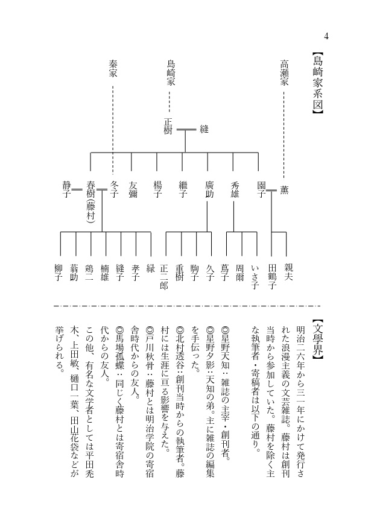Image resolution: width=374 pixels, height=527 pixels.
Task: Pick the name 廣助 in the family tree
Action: click(x=209, y=189)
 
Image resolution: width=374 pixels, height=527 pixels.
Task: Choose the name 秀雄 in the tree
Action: click(x=235, y=189)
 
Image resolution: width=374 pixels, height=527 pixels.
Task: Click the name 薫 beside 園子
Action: click(x=284, y=189)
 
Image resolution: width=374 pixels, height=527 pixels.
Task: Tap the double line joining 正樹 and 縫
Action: click(x=186, y=128)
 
